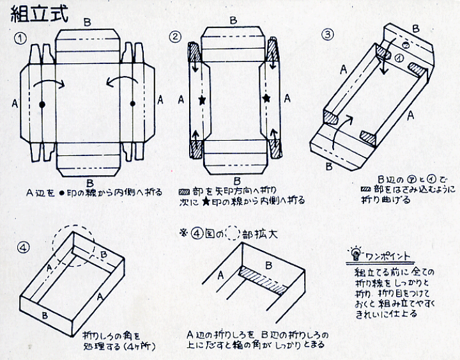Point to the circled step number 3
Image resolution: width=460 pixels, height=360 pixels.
(x=327, y=35)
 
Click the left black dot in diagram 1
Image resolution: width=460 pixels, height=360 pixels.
(x=42, y=104)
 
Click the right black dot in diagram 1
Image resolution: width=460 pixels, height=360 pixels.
(x=133, y=104)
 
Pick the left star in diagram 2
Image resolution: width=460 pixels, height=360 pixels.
(x=203, y=101)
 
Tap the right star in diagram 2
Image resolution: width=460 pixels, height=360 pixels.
(x=266, y=99)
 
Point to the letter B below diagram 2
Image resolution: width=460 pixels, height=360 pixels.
(x=237, y=181)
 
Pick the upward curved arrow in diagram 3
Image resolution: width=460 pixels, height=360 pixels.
(x=344, y=125)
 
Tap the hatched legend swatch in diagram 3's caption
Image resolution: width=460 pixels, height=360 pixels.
(x=366, y=190)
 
